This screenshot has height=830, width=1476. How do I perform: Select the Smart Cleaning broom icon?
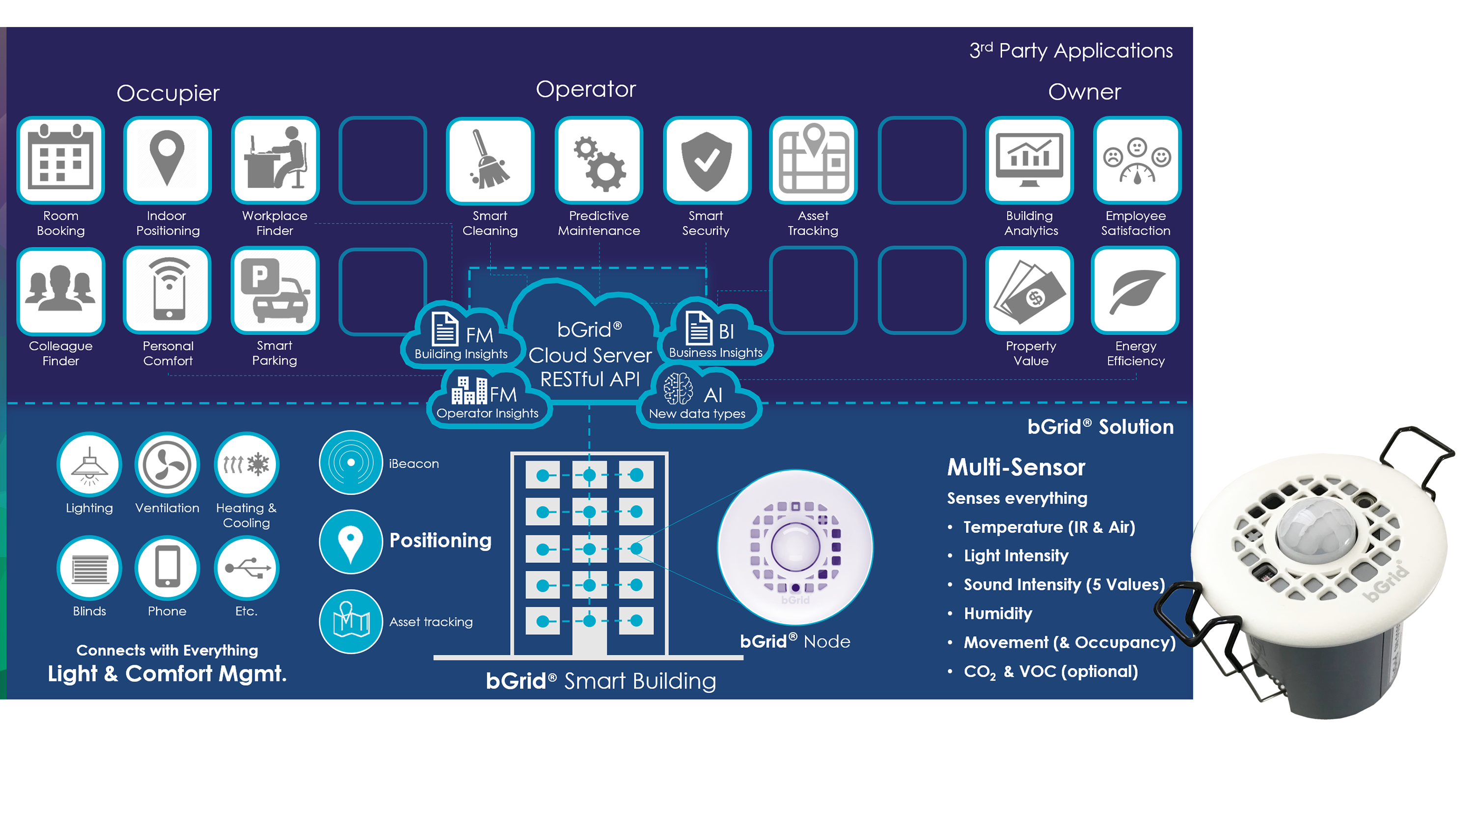490,160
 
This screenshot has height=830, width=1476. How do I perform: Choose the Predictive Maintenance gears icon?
599,160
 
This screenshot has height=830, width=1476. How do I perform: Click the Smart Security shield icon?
707,160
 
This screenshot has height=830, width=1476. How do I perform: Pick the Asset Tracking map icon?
813,160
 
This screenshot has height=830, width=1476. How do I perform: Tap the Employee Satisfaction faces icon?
1137,160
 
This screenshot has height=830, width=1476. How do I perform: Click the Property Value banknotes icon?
1030,291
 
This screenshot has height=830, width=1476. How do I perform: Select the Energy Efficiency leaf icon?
1136,291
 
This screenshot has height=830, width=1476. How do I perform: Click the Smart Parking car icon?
274,291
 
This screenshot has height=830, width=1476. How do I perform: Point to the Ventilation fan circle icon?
167,464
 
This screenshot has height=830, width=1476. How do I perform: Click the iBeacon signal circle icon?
351,462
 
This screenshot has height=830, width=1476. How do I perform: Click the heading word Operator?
586,89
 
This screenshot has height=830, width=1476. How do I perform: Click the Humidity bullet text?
998,614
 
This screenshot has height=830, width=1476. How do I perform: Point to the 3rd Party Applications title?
1070,51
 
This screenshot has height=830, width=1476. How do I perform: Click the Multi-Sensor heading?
1016,467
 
